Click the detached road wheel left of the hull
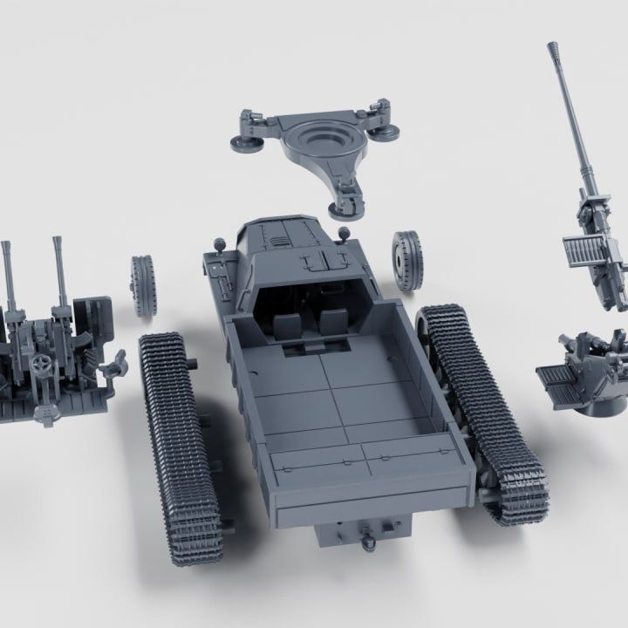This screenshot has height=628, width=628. (143, 285)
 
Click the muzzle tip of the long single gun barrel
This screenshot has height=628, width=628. (553, 46)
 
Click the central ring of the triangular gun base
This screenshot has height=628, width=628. (316, 140)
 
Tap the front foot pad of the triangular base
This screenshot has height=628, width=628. (342, 208)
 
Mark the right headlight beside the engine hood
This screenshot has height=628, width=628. (344, 233)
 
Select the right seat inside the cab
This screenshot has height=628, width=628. (331, 324)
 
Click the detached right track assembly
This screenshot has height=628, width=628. (482, 413)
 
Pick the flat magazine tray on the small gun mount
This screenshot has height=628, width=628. (556, 379)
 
